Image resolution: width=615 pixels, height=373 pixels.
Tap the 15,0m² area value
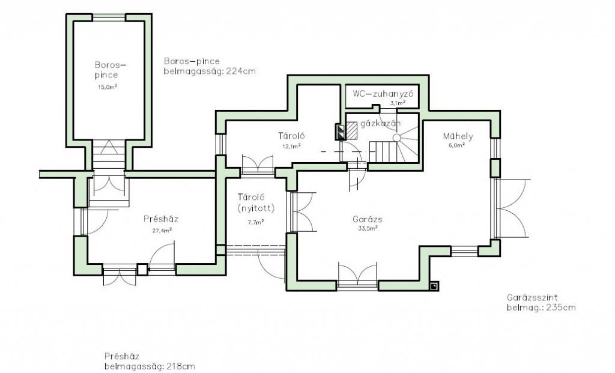(108, 87)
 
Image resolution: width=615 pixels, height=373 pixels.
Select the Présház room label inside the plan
(161, 219)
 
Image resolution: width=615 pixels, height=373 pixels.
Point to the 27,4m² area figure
(162, 230)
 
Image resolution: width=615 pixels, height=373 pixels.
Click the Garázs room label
(368, 220)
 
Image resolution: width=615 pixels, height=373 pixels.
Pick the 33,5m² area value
(368, 228)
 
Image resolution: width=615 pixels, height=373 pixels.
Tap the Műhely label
(458, 136)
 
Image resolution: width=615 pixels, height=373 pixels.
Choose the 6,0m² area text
(456, 144)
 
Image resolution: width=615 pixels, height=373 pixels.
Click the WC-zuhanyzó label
(383, 94)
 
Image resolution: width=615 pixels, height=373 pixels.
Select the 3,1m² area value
(398, 103)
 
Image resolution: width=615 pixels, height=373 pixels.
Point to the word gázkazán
(380, 124)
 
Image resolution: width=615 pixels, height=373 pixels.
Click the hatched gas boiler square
(351, 130)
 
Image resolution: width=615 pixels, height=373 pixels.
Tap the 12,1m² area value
(292, 146)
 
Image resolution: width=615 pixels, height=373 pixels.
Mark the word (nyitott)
(256, 208)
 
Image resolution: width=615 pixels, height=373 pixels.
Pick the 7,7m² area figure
(256, 222)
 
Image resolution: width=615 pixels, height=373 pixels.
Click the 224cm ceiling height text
(241, 71)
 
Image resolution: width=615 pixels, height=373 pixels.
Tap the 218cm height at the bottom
(180, 367)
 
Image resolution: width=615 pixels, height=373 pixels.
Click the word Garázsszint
(532, 297)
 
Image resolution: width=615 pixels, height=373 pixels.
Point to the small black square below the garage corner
(434, 287)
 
